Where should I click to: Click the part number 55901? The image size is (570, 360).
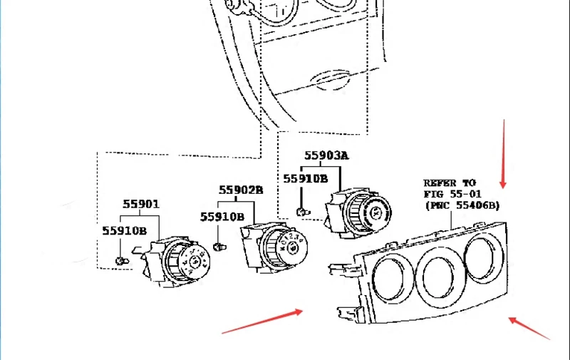click(x=141, y=205)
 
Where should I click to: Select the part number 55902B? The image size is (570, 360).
click(x=241, y=190)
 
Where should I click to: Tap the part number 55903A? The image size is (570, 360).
click(x=326, y=155)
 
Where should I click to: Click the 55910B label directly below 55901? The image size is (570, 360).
click(x=124, y=231)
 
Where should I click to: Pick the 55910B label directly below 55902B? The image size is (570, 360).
click(x=222, y=217)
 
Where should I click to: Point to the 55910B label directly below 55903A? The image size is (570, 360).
click(x=306, y=179)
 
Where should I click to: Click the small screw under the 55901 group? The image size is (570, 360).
click(x=122, y=261)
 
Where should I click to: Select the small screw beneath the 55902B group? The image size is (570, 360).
click(x=219, y=247)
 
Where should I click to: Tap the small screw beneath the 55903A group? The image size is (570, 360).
click(x=304, y=212)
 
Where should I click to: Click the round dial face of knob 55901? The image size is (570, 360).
click(x=195, y=261)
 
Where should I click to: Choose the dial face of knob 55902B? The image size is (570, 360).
click(x=293, y=247)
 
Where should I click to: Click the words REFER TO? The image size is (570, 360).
click(x=450, y=183)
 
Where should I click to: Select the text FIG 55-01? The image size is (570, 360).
click(x=452, y=194)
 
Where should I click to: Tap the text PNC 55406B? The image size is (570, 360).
click(x=462, y=205)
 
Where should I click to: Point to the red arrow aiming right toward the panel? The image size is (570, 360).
click(x=262, y=321)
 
